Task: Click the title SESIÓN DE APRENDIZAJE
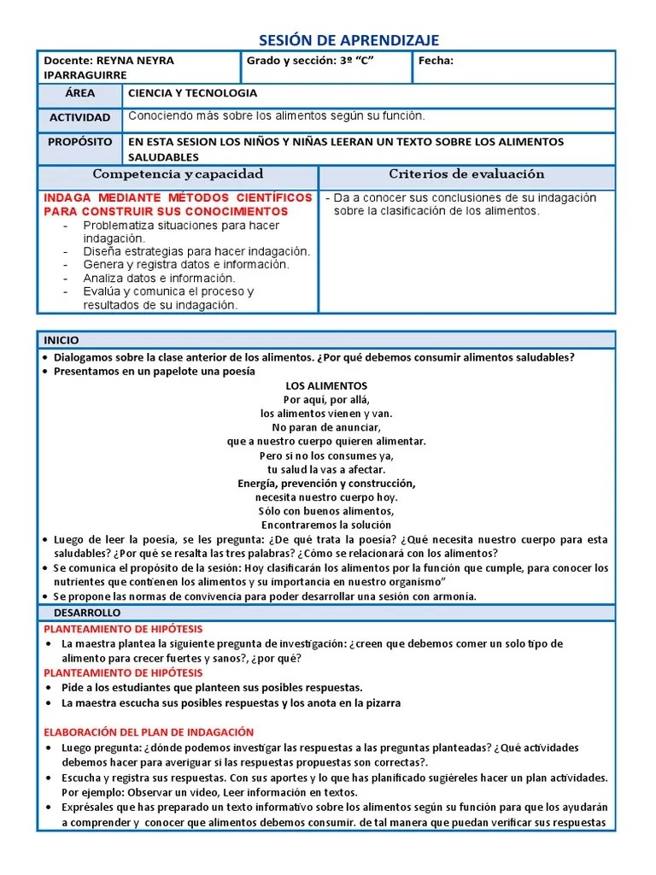click(348, 40)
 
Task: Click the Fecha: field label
click(436, 61)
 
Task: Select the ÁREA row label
click(79, 93)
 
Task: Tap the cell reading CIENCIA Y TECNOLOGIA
click(192, 94)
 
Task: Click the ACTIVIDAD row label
click(79, 117)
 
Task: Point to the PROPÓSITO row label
click(79, 141)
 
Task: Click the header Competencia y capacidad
click(178, 174)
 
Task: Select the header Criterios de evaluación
click(466, 174)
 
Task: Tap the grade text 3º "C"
click(358, 61)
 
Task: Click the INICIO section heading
click(61, 340)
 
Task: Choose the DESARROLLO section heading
click(87, 613)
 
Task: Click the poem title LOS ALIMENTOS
click(326, 386)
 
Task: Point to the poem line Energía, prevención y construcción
click(326, 484)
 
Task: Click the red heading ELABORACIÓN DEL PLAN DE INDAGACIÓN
click(149, 732)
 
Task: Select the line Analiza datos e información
click(159, 278)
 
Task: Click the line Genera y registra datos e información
click(186, 265)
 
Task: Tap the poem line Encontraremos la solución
click(326, 525)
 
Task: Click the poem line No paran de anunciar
click(326, 427)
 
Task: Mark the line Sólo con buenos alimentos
click(326, 511)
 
